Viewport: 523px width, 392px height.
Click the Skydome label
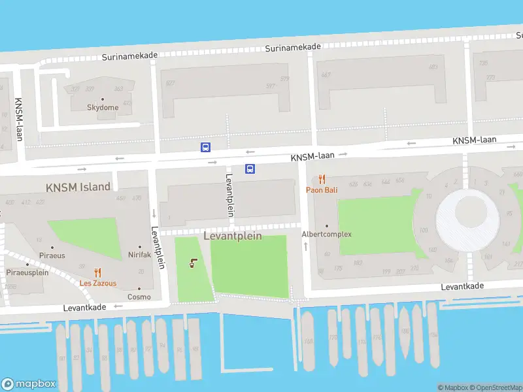[103, 107]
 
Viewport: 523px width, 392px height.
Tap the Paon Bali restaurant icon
[322, 179]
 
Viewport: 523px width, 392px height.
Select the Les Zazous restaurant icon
[98, 273]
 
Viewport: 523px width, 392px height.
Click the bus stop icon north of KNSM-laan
[205, 147]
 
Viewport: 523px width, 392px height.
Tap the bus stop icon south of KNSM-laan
[250, 169]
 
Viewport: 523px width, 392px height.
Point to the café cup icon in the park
[193, 264]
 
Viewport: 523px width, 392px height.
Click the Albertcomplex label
[326, 234]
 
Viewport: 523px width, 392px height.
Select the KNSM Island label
[78, 188]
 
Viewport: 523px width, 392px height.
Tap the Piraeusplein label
[27, 272]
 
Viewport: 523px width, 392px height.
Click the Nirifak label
[139, 255]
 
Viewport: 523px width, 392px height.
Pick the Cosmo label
[139, 297]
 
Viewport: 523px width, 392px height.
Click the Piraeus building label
[52, 255]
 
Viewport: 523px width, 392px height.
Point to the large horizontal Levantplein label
[233, 236]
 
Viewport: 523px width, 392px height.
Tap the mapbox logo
[29, 384]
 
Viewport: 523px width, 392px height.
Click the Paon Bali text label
[322, 190]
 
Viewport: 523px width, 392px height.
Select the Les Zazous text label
[98, 284]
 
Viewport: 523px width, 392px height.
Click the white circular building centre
[469, 210]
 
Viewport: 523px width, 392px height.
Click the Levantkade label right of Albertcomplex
[462, 286]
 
